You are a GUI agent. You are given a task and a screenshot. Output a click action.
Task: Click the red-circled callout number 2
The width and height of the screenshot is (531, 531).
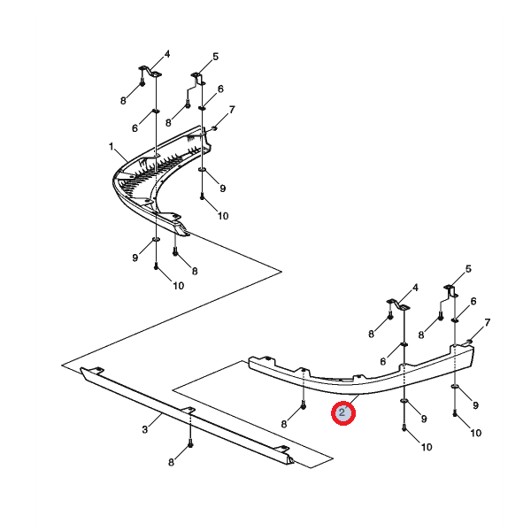pos(342,412)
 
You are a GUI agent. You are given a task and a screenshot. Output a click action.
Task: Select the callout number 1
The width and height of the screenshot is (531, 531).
pos(112,147)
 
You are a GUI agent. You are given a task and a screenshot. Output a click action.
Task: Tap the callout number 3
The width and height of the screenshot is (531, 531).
pos(145,429)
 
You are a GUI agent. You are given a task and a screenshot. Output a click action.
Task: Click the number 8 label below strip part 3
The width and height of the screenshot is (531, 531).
pos(172,462)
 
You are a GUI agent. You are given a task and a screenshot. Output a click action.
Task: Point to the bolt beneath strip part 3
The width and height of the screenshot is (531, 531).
pos(190,443)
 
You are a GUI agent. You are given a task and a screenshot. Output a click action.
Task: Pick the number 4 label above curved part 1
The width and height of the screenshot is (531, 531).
pos(167,54)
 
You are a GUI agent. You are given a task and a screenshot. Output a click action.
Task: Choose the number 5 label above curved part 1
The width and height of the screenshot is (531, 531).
pos(216,57)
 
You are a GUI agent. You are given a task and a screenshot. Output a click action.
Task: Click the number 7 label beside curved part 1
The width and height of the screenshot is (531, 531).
pos(232,110)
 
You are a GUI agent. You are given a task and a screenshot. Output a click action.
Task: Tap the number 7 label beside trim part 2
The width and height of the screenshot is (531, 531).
pos(488,322)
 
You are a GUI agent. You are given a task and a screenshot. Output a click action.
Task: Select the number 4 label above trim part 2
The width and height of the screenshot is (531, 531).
pos(415,288)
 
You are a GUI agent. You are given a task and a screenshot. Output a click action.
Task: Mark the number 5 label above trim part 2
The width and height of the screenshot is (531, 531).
pos(468,269)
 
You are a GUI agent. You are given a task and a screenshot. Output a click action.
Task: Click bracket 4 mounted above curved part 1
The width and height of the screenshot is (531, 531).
pos(150,72)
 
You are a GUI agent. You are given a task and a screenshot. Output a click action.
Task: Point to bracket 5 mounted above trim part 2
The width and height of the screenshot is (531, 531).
pos(450,290)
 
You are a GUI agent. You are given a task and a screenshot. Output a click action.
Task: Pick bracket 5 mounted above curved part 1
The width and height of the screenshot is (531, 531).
pos(198,79)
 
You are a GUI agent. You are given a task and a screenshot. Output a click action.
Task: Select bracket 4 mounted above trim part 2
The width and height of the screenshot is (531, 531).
pos(398,304)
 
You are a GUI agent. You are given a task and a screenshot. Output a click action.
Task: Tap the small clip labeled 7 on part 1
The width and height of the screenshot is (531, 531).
pos(214,128)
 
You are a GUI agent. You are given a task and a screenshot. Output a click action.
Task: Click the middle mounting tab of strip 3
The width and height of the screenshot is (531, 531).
pos(189,410)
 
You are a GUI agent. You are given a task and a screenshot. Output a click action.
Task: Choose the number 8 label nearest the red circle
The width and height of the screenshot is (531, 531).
pos(284,424)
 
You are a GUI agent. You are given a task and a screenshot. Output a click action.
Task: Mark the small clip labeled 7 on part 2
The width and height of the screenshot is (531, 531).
pos(469,341)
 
